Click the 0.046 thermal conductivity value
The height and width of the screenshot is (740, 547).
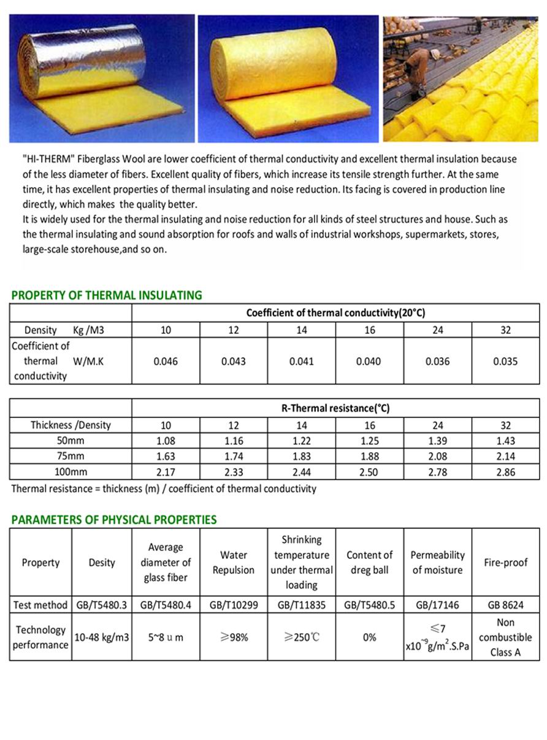(x=166, y=361)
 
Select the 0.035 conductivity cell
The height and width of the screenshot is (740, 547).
(x=505, y=361)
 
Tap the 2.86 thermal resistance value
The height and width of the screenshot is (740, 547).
(x=505, y=472)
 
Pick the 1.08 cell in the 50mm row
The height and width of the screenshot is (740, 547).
(x=166, y=441)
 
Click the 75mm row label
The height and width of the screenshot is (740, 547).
(x=71, y=457)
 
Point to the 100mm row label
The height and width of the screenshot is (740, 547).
(x=71, y=472)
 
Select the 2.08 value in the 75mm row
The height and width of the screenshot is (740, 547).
(x=437, y=457)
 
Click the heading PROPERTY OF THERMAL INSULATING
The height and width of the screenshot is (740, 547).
(x=107, y=295)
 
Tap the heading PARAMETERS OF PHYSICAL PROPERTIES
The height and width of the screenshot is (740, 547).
(x=114, y=520)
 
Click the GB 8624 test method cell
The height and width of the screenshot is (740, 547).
(x=505, y=605)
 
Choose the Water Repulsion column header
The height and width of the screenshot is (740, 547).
(x=233, y=563)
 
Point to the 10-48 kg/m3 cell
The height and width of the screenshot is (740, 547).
(x=102, y=638)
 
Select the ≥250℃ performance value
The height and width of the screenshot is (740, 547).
(x=301, y=638)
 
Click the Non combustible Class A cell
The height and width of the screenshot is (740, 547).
(x=505, y=638)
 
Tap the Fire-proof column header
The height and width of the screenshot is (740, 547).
(x=505, y=563)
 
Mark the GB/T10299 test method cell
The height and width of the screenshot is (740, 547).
(x=234, y=605)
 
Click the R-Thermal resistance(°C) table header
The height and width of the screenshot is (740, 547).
(x=335, y=408)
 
